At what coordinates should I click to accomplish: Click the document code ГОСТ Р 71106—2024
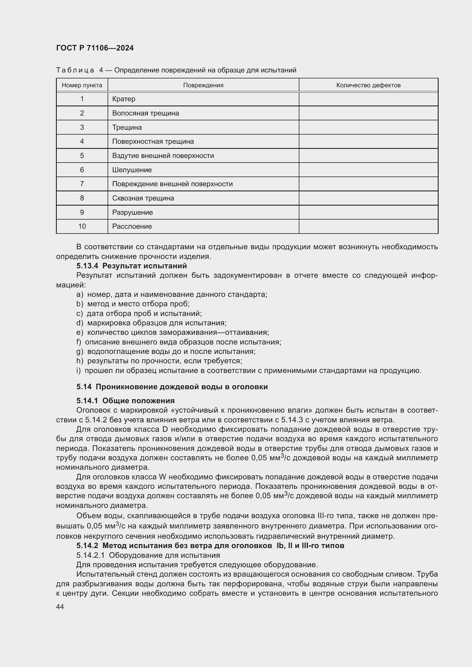(95, 48)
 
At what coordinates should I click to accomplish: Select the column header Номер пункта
(82, 85)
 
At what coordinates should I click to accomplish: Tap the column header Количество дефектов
(368, 85)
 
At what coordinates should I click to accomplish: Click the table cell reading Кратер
(124, 99)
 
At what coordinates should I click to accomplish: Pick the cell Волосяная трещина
(145, 113)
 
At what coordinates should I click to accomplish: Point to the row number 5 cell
(82, 155)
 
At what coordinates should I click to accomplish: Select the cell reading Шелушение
(132, 170)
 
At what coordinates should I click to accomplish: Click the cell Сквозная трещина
(143, 198)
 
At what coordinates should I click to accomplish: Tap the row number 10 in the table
(82, 226)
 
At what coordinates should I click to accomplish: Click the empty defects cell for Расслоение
(368, 226)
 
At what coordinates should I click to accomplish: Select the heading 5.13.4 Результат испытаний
(132, 266)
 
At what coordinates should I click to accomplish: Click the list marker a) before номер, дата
(80, 294)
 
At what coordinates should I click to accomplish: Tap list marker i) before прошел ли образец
(78, 371)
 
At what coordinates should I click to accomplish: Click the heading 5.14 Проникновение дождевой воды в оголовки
(172, 387)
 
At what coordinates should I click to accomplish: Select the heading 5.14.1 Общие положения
(126, 401)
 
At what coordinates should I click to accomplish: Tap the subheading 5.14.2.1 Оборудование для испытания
(148, 555)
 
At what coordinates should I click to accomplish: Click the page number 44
(60, 606)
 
